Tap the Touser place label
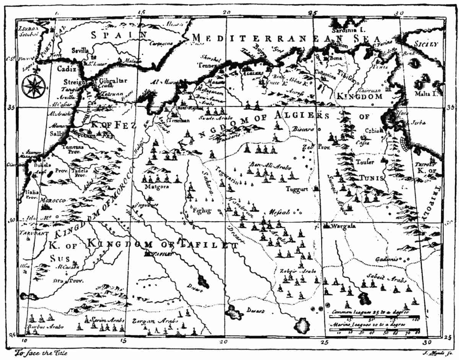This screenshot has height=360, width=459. coord(365,161)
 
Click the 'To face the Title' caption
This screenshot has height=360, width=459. coord(37,353)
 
